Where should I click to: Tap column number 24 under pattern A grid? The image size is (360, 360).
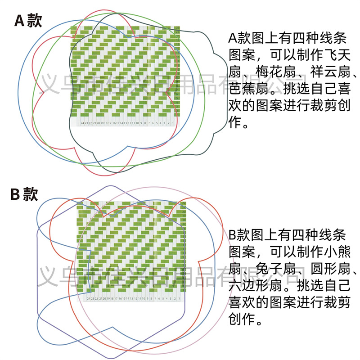point(82,123)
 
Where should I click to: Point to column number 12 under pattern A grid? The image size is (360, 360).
point(130,123)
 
